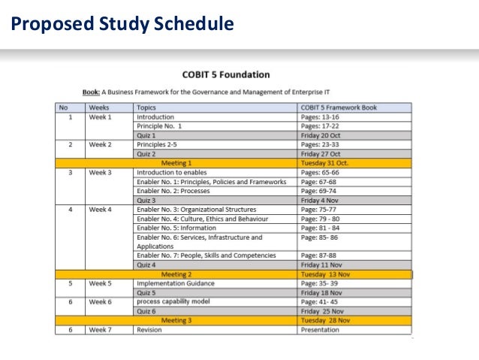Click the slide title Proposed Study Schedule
(x=122, y=25)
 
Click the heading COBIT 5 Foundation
(x=226, y=74)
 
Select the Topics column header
(x=146, y=107)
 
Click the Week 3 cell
(x=100, y=172)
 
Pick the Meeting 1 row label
(x=176, y=162)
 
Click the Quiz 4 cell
(x=146, y=265)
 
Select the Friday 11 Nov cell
(x=324, y=265)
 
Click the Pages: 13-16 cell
(x=320, y=117)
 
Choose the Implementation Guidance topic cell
(x=175, y=283)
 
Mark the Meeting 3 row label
(x=176, y=320)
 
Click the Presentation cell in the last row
(x=321, y=329)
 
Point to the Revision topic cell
(x=149, y=329)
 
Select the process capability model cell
(x=173, y=301)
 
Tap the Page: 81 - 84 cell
(x=320, y=228)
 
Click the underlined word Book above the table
(x=91, y=92)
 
